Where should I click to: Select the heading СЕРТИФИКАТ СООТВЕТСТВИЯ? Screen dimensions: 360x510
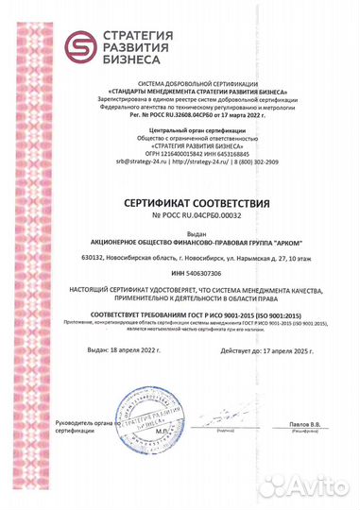[x=179, y=203]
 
